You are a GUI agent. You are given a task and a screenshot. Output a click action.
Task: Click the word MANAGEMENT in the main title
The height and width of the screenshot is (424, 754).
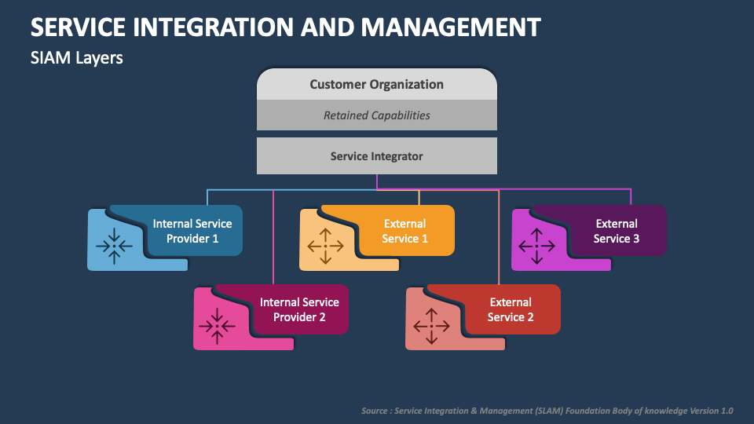pos(451,27)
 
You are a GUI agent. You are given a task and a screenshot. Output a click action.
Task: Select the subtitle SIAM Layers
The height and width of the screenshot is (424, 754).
pos(76,58)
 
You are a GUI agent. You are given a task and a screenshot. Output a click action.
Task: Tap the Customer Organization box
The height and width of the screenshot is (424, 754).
pos(376,84)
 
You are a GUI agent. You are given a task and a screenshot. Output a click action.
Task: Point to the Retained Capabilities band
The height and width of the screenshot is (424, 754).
pos(376,115)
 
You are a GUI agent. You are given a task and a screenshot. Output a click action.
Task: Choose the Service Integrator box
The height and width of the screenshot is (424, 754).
pos(376,155)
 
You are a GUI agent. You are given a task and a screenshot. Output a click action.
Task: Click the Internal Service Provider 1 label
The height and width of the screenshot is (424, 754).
pos(192,231)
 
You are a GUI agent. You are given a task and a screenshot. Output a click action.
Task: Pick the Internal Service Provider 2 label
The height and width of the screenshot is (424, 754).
pos(299,309)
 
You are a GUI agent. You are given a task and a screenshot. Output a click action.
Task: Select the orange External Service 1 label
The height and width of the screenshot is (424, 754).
pos(405,231)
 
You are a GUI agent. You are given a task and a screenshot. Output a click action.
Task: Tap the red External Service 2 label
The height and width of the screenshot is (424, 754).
pos(511,309)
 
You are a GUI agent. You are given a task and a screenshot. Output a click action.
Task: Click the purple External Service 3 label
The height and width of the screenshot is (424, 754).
pos(617,231)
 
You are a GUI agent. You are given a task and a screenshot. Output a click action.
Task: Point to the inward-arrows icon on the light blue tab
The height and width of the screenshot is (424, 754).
pos(114,246)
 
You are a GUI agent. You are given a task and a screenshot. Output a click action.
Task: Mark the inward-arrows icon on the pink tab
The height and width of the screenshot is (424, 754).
pos(217,326)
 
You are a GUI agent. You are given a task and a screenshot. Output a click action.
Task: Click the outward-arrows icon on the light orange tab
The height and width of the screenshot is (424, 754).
pos(325,246)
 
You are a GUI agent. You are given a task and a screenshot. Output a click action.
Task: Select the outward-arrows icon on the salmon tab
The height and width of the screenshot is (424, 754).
pos(431,326)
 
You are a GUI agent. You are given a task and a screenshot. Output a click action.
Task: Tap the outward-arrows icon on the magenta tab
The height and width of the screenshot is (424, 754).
pos(536,246)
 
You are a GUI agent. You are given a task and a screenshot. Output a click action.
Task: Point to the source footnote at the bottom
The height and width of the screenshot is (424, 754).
pos(547,411)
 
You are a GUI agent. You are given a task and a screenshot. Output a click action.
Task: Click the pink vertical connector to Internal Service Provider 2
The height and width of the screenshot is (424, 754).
pos(273,237)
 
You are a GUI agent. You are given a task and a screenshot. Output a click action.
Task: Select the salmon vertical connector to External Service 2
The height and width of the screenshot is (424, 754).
pos(499,237)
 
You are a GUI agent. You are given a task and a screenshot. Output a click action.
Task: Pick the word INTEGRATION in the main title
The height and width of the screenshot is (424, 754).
pos(213,27)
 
